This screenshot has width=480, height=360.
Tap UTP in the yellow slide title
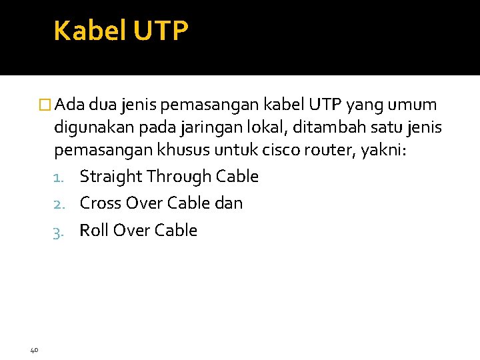tap(161, 31)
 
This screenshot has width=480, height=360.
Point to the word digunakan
tap(89, 128)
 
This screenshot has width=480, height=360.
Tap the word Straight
tap(111, 177)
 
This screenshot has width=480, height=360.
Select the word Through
tap(178, 177)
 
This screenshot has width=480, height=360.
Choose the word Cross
tap(101, 203)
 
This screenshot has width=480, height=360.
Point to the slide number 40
tap(35, 349)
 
